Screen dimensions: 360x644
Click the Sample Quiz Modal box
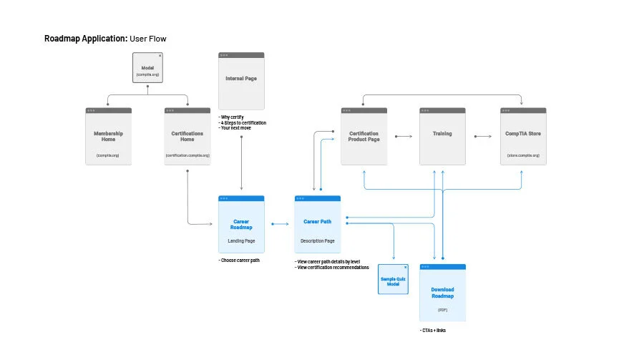(393, 280)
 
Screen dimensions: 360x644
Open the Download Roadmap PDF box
(442, 293)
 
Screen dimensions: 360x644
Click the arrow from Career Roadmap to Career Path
(279, 224)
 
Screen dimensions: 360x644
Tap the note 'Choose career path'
(239, 260)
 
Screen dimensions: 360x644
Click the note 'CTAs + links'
(433, 330)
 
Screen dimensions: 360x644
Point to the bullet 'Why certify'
(232, 117)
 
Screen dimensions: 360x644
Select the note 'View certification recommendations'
(332, 267)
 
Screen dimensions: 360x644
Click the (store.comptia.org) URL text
(522, 155)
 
